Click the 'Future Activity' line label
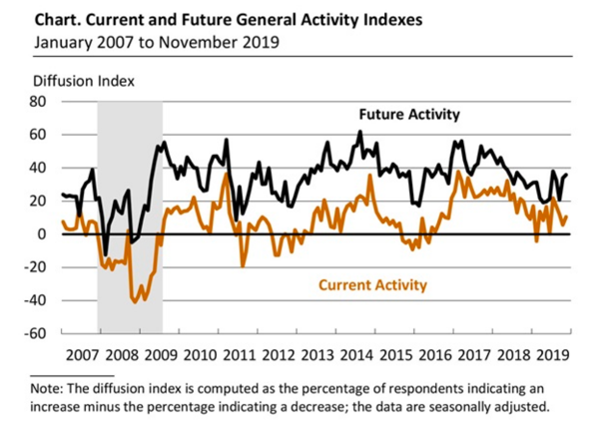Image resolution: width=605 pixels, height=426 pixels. pyautogui.click(x=409, y=115)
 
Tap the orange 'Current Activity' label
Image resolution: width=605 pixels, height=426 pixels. pyautogui.click(x=372, y=285)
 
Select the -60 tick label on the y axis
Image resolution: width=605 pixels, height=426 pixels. pyautogui.click(x=39, y=333)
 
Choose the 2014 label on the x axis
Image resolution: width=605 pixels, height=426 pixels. pyautogui.click(x=357, y=354)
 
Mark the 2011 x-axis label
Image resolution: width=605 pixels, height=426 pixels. pyautogui.click(x=239, y=354)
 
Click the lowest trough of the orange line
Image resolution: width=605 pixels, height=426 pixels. pyautogui.click(x=136, y=300)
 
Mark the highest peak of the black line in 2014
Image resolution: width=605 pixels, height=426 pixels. pyautogui.click(x=360, y=132)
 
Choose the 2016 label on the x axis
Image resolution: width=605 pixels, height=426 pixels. pyautogui.click(x=435, y=354)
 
